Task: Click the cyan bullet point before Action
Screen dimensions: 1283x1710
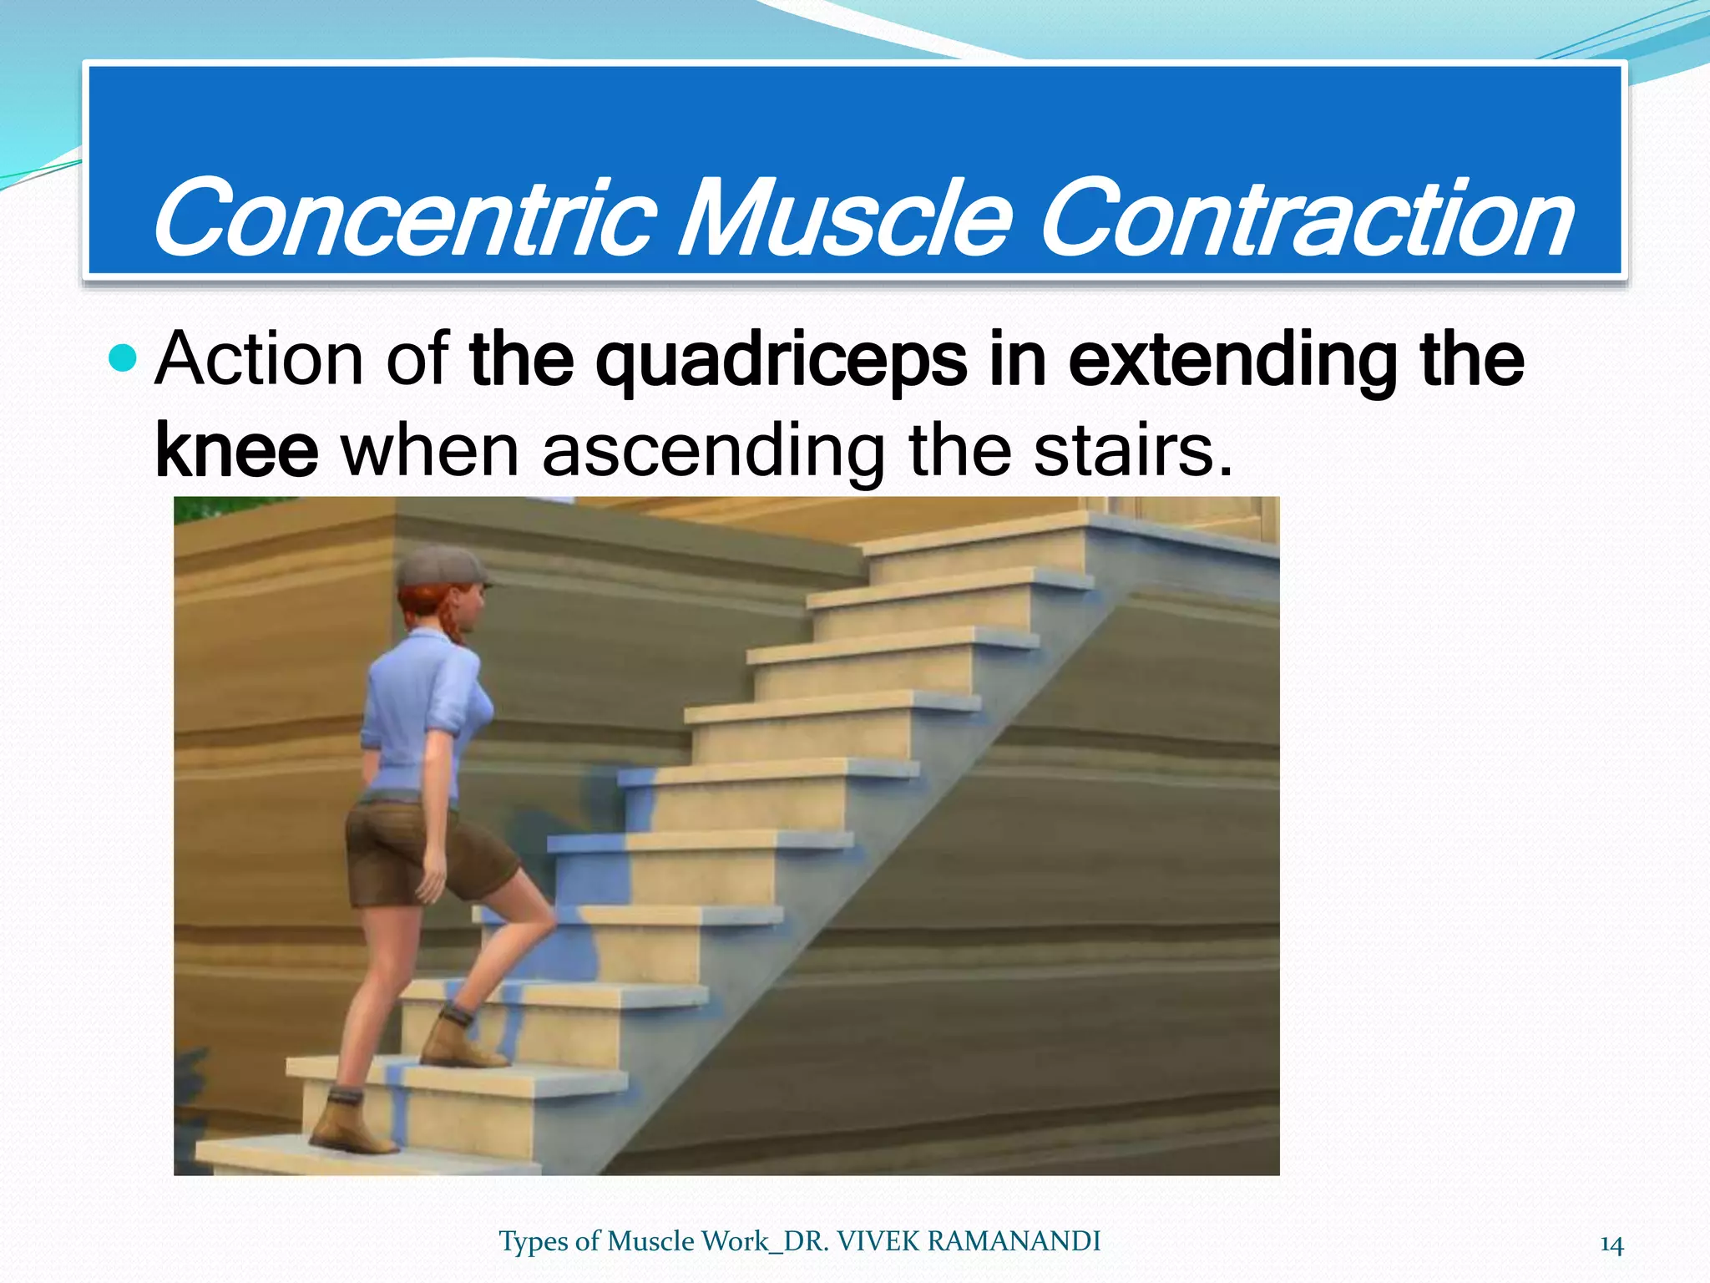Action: [123, 359]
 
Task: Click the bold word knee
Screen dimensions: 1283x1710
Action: [236, 451]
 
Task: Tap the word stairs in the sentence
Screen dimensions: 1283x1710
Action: [1131, 451]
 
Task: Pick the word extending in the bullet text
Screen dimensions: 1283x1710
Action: [1232, 361]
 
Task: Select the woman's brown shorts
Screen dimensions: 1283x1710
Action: [417, 852]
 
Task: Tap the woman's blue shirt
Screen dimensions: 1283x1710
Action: [417, 710]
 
